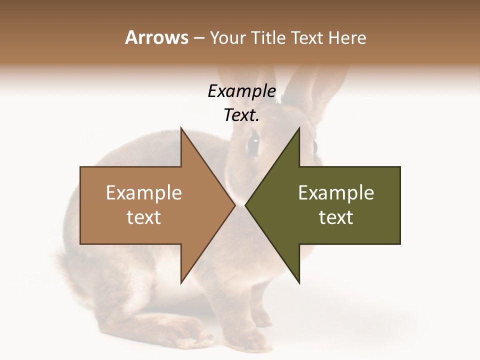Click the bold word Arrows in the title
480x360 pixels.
point(156,37)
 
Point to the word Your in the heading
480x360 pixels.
point(227,38)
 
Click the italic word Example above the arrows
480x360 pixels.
point(241,91)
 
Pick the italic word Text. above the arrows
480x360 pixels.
point(241,115)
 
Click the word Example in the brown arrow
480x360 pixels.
point(144,193)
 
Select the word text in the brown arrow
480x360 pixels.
point(144,217)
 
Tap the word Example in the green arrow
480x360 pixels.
point(336,193)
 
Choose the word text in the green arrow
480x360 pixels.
point(336,217)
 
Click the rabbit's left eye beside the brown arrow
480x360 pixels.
point(253,142)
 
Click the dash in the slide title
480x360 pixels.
point(198,38)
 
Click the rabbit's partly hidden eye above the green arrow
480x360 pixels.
point(315,146)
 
